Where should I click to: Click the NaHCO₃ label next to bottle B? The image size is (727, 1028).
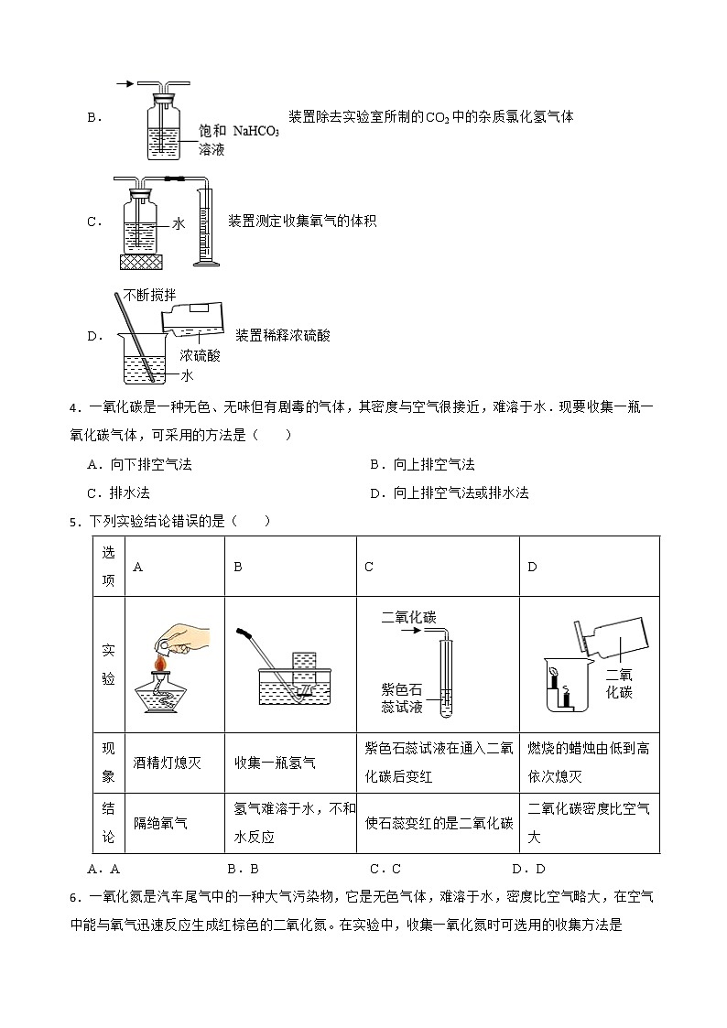tap(255, 131)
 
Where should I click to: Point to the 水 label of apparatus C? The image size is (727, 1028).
tap(179, 222)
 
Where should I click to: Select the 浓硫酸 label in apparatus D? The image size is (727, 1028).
tap(200, 355)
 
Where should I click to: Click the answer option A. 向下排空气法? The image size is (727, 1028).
tap(139, 465)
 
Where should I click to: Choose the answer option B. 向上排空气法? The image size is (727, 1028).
tap(422, 465)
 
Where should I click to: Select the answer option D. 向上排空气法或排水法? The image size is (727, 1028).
tap(450, 493)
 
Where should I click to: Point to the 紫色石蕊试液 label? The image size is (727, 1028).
tap(406, 697)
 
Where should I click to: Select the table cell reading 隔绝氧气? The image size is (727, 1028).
tap(160, 823)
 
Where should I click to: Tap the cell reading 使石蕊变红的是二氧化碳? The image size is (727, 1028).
tap(439, 823)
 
